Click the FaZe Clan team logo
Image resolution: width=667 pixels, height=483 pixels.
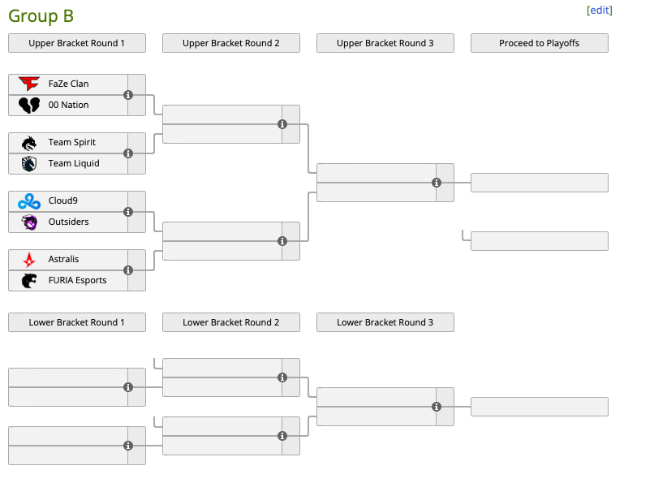29,84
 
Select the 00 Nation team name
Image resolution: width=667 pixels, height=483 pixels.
68,105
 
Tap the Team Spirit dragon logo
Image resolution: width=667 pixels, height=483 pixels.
29,143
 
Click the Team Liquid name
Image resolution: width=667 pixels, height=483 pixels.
74,163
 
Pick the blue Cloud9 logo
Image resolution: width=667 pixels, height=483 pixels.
29,201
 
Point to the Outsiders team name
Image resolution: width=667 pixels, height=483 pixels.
68,222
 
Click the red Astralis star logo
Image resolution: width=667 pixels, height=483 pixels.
29,260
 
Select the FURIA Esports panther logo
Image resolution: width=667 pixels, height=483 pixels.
29,280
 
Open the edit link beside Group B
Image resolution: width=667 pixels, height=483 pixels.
600,11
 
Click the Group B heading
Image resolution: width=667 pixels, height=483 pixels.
41,16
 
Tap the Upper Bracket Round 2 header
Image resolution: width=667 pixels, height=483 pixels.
231,43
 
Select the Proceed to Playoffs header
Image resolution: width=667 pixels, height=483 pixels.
540,43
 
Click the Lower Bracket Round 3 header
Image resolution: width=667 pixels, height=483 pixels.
385,322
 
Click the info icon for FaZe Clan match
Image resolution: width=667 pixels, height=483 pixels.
128,95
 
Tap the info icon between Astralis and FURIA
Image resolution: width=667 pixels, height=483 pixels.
128,270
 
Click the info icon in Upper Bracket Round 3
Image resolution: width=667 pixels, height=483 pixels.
437,183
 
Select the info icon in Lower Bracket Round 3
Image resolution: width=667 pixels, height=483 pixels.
437,407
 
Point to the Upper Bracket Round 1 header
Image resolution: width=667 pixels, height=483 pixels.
77,43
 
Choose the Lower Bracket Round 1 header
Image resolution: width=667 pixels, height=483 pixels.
77,322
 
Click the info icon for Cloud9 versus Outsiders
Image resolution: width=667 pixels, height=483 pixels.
128,212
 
